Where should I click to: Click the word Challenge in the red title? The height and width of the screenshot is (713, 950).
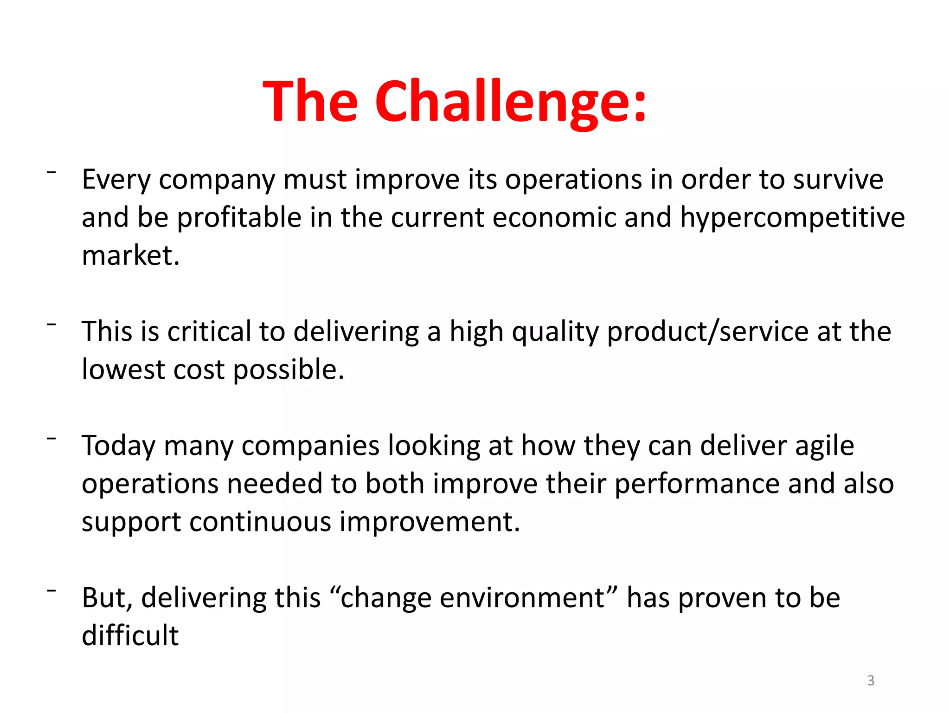click(510, 102)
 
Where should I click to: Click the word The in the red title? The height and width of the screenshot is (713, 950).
click(310, 102)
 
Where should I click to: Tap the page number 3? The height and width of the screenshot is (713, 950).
click(871, 681)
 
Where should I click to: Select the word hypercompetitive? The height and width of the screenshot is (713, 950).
click(792, 218)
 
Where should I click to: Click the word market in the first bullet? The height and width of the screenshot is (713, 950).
click(130, 255)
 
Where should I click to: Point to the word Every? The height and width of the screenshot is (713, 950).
click(116, 180)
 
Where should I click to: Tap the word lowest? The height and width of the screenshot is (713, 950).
click(123, 369)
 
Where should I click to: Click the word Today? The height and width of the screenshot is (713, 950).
click(118, 446)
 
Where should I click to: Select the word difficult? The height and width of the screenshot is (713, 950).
click(130, 635)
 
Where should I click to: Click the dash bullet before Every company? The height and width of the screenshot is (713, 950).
click(51, 172)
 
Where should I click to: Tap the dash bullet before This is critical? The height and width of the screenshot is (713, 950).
click(51, 324)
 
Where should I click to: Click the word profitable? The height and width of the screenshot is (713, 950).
click(239, 218)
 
